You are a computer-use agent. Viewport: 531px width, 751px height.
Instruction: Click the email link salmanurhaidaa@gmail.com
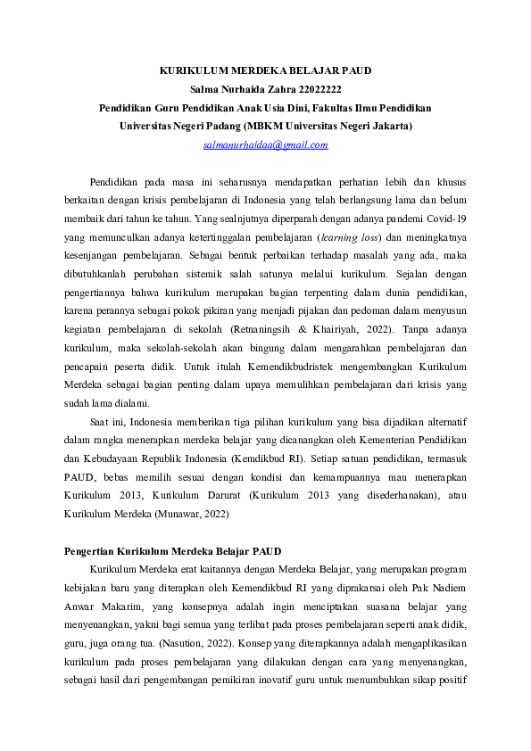(265, 144)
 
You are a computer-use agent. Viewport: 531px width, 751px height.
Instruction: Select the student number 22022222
(316, 88)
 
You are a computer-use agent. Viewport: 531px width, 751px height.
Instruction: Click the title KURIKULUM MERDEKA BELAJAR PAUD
(265, 70)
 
